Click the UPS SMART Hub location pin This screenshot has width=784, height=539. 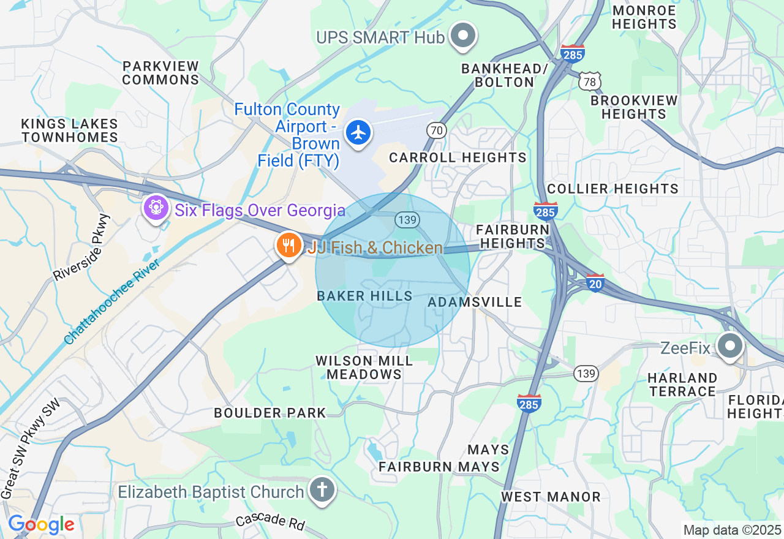coord(463,36)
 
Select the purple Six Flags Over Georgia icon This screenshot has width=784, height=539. coord(156,208)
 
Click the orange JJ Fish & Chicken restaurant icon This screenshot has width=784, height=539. coord(287,246)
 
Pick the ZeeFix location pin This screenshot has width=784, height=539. coord(729,347)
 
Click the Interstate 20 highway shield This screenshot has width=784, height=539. coord(595,282)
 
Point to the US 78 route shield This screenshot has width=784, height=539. coord(591,81)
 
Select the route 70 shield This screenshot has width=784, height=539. coord(436,130)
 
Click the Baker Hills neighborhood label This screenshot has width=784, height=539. coord(364,296)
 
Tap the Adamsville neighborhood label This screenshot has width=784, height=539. coord(475,302)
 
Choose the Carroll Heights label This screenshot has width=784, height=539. coord(458,157)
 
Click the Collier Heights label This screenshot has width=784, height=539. coord(612,189)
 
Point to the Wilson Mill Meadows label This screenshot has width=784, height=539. coord(364,367)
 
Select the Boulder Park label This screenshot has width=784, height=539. coord(270,413)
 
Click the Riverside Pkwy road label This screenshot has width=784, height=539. coord(81,247)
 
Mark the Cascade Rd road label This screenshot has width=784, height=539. coord(270,521)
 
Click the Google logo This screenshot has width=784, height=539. coord(41,525)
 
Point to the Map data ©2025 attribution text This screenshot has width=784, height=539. coord(732,530)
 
